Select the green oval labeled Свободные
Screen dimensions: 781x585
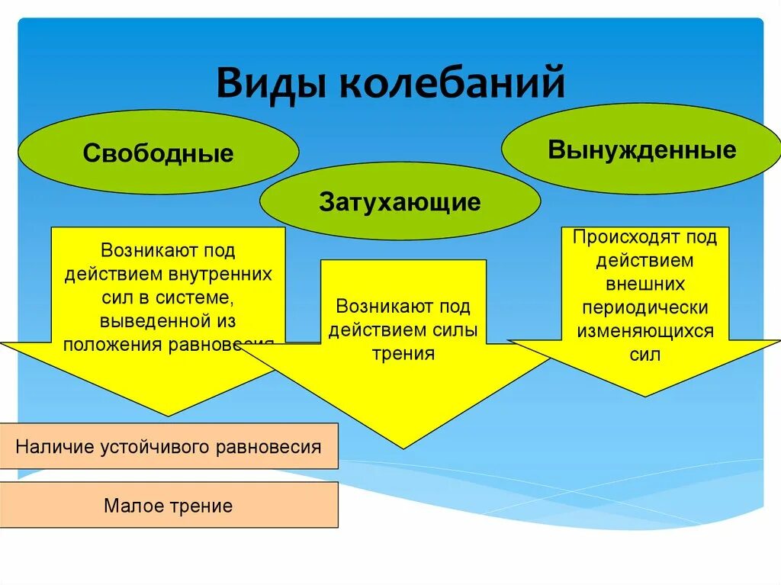point(158,153)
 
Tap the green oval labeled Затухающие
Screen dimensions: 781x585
point(400,201)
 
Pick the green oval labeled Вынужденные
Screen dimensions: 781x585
point(641,149)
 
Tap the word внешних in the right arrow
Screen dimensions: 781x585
point(645,284)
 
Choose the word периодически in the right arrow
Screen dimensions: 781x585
point(645,308)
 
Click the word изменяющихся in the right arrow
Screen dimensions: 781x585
point(645,332)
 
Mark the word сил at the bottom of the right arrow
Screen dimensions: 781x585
point(645,355)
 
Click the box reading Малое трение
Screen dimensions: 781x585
point(169,505)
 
